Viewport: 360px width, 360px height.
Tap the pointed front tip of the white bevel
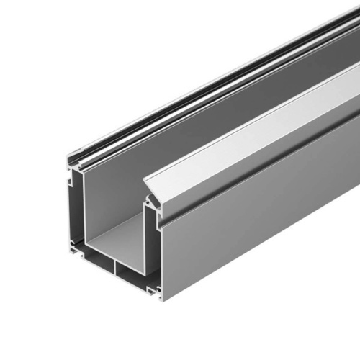pyautogui.click(x=148, y=181)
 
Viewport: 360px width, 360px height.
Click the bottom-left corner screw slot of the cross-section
pyautogui.click(x=74, y=247)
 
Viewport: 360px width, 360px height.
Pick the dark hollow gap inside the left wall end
pyautogui.click(x=76, y=209)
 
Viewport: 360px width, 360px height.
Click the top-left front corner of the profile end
pyautogui.click(x=69, y=159)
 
